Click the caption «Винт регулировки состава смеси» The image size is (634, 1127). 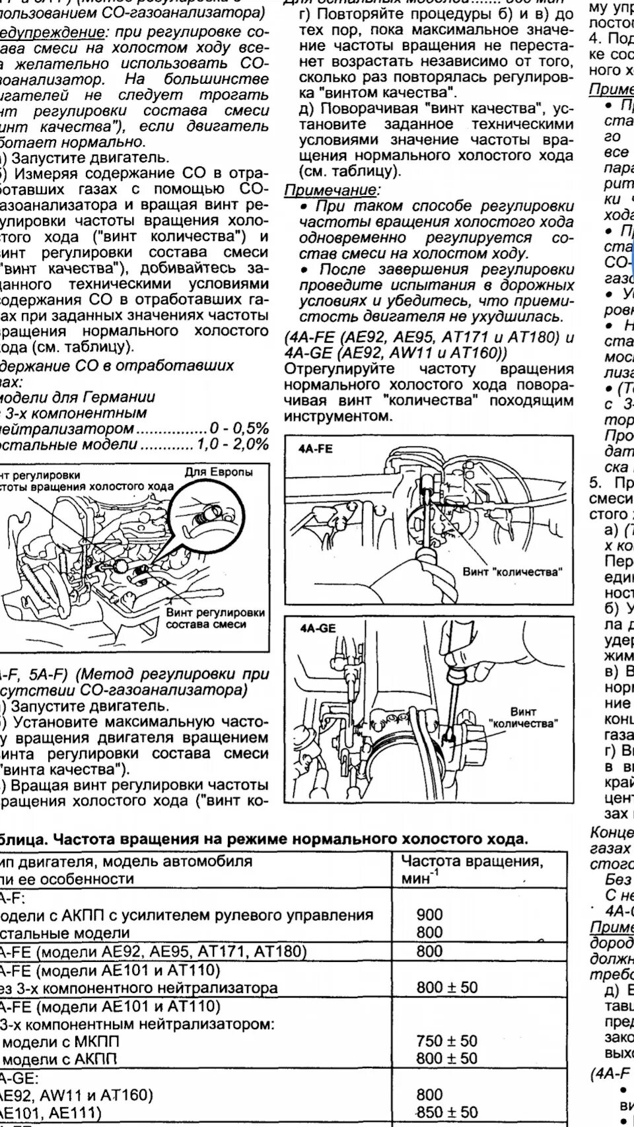click(x=215, y=618)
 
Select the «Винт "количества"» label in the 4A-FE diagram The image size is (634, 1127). click(x=512, y=572)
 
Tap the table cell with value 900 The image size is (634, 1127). click(x=429, y=914)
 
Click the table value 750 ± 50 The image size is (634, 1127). click(x=446, y=1041)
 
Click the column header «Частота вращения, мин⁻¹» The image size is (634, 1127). click(x=472, y=870)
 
